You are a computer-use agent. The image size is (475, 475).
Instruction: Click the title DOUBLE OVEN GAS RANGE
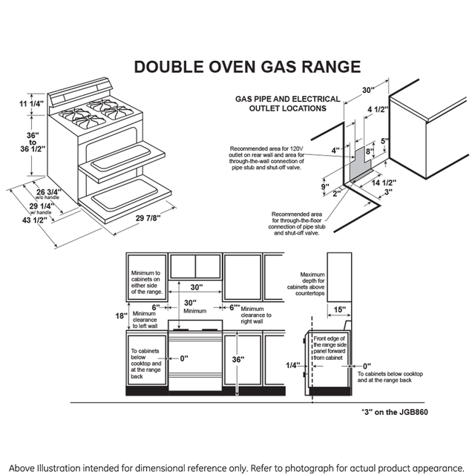click(x=246, y=67)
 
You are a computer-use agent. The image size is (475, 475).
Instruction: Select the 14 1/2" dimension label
click(x=384, y=182)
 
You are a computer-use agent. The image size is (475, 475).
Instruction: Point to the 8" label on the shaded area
click(x=367, y=151)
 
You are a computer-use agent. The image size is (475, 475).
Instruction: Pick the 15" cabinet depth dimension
click(x=338, y=309)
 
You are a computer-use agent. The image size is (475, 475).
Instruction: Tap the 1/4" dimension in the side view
click(x=292, y=365)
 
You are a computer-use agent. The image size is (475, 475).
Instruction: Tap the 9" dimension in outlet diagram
click(x=325, y=186)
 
